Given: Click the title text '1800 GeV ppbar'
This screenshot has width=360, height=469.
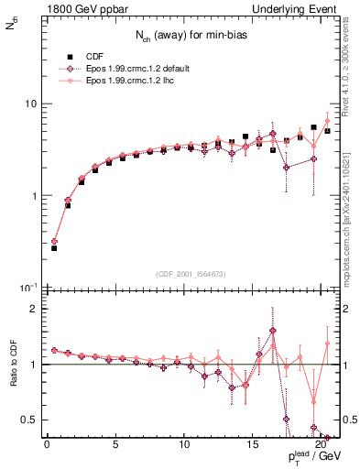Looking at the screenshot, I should pyautogui.click(x=82, y=8).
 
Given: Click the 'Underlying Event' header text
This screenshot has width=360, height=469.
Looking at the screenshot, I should pyautogui.click(x=297, y=8).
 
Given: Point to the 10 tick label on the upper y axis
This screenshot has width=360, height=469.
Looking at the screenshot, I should pyautogui.click(x=28, y=104).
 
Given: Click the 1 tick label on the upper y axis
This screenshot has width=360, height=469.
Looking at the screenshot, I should pyautogui.click(x=32, y=196).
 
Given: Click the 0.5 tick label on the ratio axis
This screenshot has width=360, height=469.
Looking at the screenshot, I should pyautogui.click(x=28, y=420).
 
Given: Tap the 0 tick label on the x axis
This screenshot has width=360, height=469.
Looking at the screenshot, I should pyautogui.click(x=47, y=446).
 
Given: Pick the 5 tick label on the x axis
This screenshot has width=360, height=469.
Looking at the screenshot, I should pyautogui.click(x=115, y=446).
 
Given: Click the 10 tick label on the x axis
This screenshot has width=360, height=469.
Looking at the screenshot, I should pyautogui.click(x=183, y=446).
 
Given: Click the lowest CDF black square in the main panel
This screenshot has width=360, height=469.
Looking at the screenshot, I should pyautogui.click(x=54, y=248).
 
